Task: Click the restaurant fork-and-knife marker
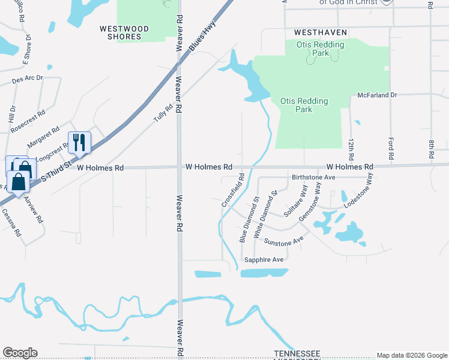pyautogui.click(x=79, y=142)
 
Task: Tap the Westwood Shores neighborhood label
pyautogui.click(x=121, y=32)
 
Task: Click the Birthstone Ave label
pyautogui.click(x=313, y=178)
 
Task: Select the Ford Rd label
pyautogui.click(x=391, y=146)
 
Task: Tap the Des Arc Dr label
pyautogui.click(x=28, y=79)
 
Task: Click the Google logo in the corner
pyautogui.click(x=20, y=353)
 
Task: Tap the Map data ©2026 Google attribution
pyautogui.click(x=412, y=355)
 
